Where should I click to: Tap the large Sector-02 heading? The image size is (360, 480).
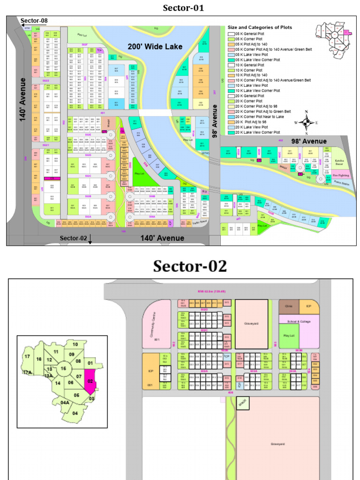coord(190,266)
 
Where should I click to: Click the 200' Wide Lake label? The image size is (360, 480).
coord(155,46)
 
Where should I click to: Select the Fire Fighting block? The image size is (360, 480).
coord(341,175)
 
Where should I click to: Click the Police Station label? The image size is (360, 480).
coord(340,184)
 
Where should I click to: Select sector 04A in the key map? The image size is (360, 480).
coord(64,403)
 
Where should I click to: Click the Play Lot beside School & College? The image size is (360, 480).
coord(289,336)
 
